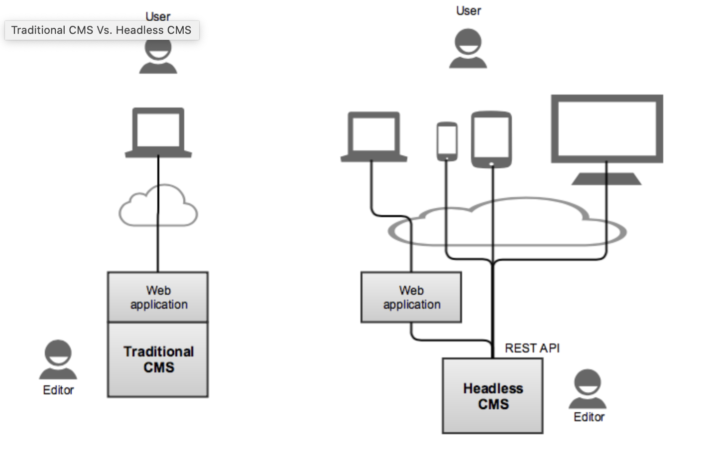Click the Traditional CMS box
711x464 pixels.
tap(158, 359)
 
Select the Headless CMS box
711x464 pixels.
tap(492, 396)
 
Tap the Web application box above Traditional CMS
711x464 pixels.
tap(158, 297)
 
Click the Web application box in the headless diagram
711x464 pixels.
tap(411, 297)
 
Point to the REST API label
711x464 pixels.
tap(532, 348)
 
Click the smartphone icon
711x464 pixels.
tap(447, 141)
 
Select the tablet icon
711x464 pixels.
tap(491, 139)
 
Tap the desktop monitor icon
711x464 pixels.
tap(607, 139)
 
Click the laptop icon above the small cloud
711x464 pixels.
tap(158, 132)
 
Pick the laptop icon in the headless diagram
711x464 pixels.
tap(374, 137)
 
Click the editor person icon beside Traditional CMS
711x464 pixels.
tap(58, 359)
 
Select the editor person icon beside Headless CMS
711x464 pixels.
tap(588, 389)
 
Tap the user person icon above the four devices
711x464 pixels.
tap(468, 48)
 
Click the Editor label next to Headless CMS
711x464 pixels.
tap(589, 417)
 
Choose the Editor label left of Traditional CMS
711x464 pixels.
tap(58, 390)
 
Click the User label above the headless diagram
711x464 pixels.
tap(469, 11)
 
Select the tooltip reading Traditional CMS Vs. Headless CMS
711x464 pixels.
tap(102, 30)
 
